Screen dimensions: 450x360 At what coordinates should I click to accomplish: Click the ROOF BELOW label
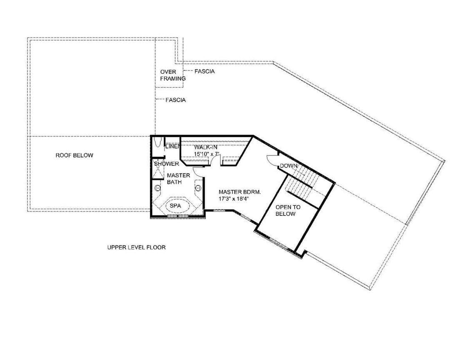[74, 155]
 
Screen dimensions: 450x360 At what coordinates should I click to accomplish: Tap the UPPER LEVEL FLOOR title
[136, 247]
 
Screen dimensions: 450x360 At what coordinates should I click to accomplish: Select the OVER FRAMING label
[173, 75]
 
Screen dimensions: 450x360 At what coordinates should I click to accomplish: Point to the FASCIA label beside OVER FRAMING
[204, 71]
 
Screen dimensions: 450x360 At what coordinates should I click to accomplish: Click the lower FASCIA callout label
[176, 100]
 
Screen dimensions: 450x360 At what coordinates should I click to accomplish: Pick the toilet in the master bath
[157, 142]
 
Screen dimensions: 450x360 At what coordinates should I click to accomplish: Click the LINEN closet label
[173, 146]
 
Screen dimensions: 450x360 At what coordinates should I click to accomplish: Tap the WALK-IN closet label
[206, 147]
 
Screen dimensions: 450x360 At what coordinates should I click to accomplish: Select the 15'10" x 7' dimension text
[207, 154]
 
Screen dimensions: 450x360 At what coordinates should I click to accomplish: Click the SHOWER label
[166, 164]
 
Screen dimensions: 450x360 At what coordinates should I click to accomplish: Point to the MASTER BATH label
[178, 179]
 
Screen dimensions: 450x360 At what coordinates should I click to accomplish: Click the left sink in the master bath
[157, 188]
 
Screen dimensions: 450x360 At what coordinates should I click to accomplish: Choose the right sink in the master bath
[198, 188]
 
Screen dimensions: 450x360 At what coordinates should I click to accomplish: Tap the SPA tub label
[175, 205]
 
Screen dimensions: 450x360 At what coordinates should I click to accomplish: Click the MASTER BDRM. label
[240, 192]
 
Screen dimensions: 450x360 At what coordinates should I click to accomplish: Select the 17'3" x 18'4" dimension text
[233, 199]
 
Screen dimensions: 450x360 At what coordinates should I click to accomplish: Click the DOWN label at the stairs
[288, 166]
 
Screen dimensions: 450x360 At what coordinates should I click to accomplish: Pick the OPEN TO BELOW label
[288, 210]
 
